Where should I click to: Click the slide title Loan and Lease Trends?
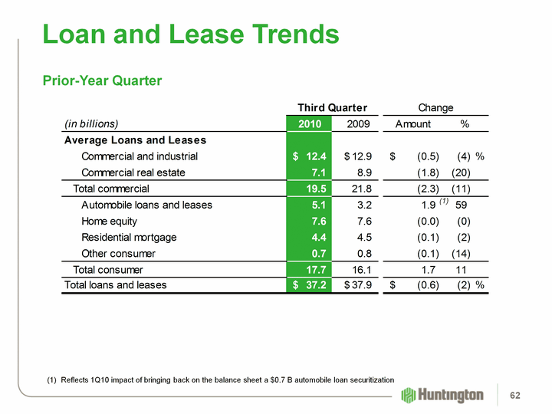coord(191,34)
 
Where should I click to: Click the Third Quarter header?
coord(332,107)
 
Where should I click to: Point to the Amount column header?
coord(412,123)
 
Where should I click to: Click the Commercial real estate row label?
coord(133,172)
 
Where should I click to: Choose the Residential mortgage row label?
coord(129,237)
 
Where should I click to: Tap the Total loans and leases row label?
coord(115,285)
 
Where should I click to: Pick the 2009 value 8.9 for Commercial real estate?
coord(363,172)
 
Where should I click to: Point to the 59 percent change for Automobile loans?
coord(462,205)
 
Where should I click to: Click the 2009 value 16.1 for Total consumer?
coord(360,269)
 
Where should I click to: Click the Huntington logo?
coord(443,395)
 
